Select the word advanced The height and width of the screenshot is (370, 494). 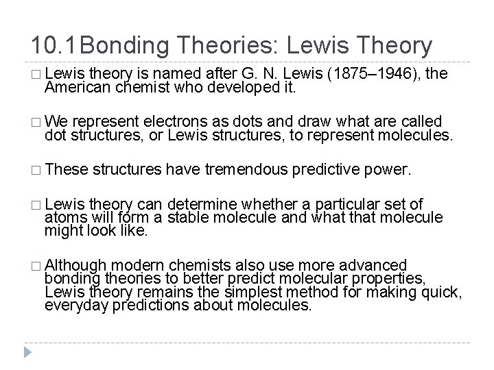tap(368, 266)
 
